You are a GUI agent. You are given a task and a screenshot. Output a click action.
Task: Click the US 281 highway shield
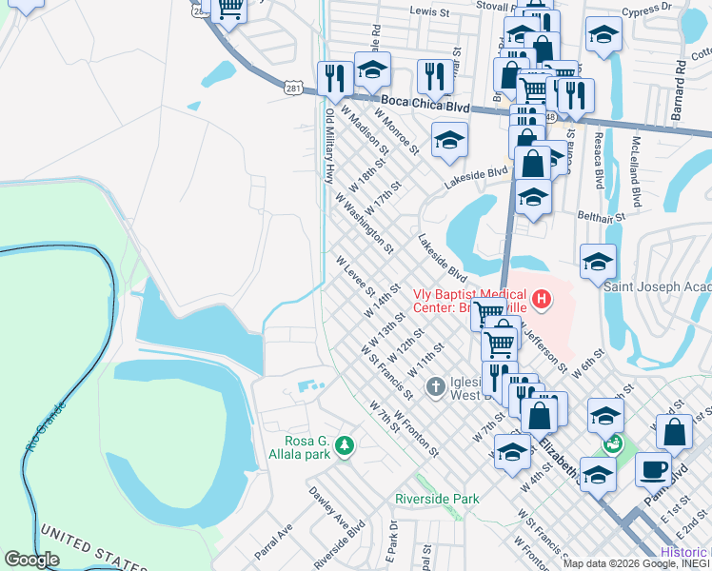pyautogui.click(x=292, y=88)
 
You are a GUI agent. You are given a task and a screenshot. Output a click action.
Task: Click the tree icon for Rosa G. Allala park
pyautogui.click(x=345, y=445)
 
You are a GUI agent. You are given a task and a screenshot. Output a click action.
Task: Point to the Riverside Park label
pyautogui.click(x=437, y=499)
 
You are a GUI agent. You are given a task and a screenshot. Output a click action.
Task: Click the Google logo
pyautogui.click(x=32, y=560)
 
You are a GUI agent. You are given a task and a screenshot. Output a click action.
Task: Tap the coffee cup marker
pyautogui.click(x=654, y=469)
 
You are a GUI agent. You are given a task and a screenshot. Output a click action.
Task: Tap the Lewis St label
pyautogui.click(x=429, y=12)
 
